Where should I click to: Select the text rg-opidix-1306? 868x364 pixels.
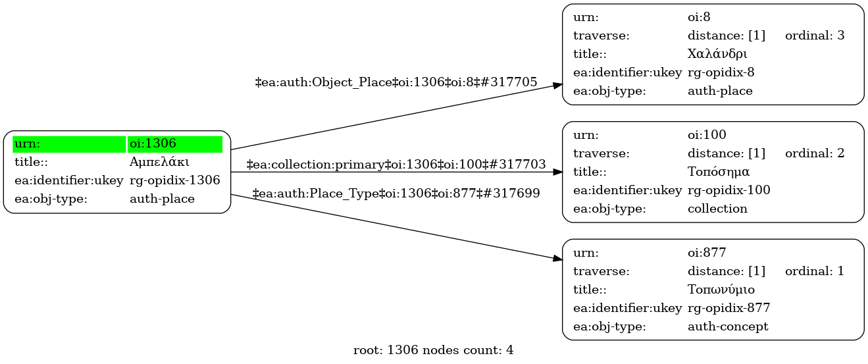[174, 180]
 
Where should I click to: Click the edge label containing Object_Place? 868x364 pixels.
[396, 82]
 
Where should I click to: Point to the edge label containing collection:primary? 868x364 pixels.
[396, 164]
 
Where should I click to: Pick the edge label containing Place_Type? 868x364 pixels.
[396, 194]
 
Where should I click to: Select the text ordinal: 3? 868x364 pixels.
[814, 36]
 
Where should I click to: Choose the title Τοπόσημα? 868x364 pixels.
[719, 172]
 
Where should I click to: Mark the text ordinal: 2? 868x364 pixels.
[814, 153]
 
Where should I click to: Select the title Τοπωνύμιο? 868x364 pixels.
[721, 290]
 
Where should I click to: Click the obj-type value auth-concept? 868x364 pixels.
[727, 326]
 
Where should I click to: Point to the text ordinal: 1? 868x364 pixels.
[814, 271]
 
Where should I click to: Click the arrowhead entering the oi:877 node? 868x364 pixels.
[557, 261]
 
